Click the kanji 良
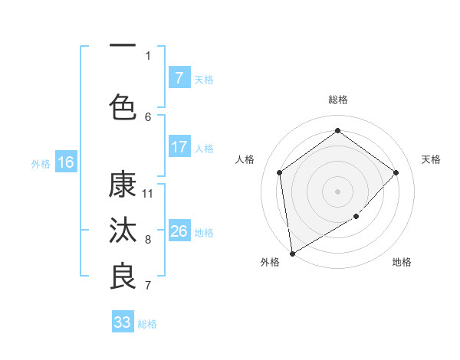[x=123, y=277]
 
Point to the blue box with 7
[x=179, y=78]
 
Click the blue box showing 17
[x=179, y=147]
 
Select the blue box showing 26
[x=179, y=231]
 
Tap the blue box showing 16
[x=65, y=162]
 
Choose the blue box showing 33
[x=122, y=322]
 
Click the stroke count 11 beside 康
[x=148, y=193]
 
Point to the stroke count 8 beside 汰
[x=148, y=239]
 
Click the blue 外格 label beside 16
[x=41, y=163]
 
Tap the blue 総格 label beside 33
[x=147, y=323]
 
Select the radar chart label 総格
[x=337, y=100]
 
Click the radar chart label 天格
[x=431, y=159]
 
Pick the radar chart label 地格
[x=402, y=262]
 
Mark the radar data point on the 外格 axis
[x=292, y=253]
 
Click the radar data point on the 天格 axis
[x=396, y=172]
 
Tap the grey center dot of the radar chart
[x=337, y=191]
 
